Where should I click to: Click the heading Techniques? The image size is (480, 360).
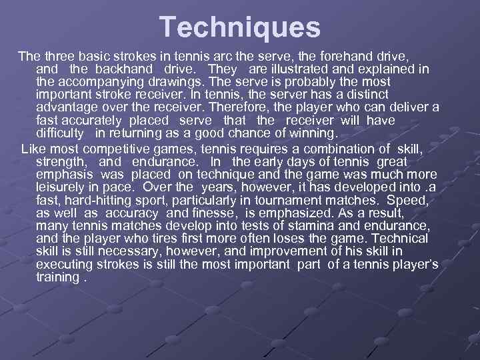240,27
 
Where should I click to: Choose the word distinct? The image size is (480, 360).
364,95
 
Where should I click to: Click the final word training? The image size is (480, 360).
57,276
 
